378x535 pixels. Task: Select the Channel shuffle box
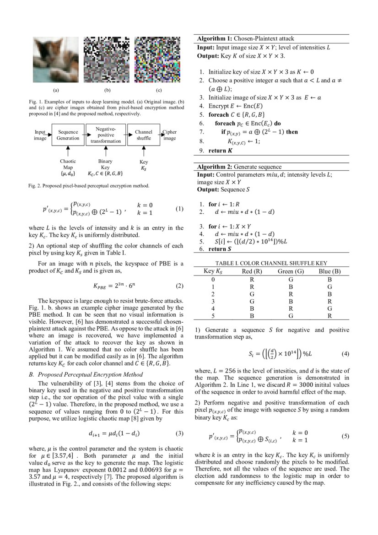pos(143,135)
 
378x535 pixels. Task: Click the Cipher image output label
pos(170,135)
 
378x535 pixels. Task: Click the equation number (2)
pos(179,286)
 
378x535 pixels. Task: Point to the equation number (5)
pos(346,436)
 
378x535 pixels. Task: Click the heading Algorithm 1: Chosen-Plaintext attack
pos(246,38)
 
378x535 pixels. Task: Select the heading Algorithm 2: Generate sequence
pos(239,167)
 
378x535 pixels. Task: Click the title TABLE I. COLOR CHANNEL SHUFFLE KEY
pos(271,263)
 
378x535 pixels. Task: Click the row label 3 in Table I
pos(213,301)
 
